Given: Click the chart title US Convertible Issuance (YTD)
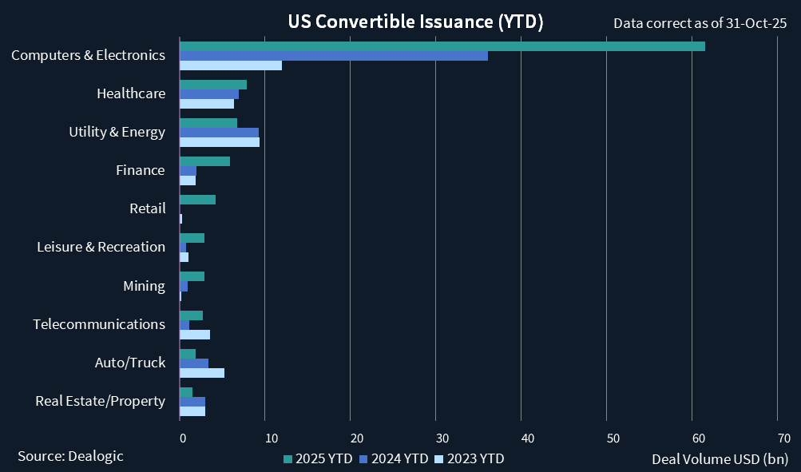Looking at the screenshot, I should click(x=415, y=22).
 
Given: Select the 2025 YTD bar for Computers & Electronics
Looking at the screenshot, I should click(x=442, y=46).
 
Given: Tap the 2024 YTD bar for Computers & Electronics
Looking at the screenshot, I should click(x=333, y=56).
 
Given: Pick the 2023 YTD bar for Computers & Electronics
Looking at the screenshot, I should click(x=231, y=65).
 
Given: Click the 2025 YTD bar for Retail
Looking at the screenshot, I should click(x=197, y=200).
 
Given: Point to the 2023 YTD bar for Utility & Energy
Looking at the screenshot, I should click(x=220, y=142).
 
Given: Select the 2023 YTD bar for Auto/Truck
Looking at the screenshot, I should click(x=202, y=373).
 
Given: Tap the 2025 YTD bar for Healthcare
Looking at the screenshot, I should click(x=213, y=85).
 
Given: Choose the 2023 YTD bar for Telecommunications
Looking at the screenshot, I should click(x=195, y=335).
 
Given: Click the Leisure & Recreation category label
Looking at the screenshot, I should click(x=101, y=247).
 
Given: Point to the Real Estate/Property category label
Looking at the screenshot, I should click(x=100, y=401).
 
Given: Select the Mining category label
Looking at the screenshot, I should click(x=144, y=286).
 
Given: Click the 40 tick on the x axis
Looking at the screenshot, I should click(x=526, y=438).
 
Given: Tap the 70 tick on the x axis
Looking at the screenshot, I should click(x=783, y=438).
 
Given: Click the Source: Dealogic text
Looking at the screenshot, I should click(x=70, y=455).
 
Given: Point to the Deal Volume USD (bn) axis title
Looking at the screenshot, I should click(x=720, y=458).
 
